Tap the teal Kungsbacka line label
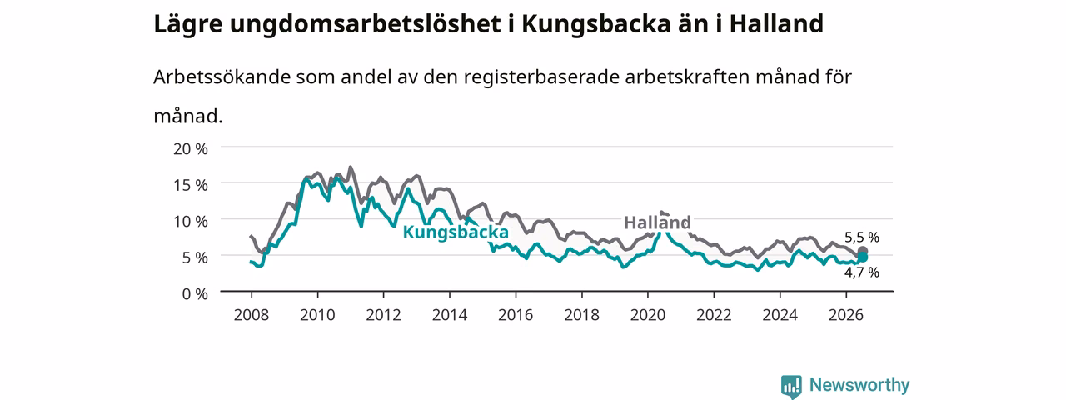click(456, 232)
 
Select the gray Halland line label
click(657, 222)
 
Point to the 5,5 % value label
click(862, 237)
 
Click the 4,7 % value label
click(862, 272)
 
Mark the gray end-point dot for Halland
click(862, 251)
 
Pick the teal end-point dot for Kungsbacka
click(862, 257)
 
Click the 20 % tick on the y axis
click(191, 149)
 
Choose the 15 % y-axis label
click(191, 185)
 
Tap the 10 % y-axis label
click(191, 222)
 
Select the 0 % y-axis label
click(195, 294)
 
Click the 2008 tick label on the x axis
click(252, 315)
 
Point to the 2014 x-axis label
click(449, 315)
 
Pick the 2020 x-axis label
click(648, 315)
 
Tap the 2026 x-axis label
click(846, 315)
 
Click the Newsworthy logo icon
click(791, 386)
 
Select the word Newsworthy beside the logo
click(859, 385)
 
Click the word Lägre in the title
click(188, 25)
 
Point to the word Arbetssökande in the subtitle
click(222, 77)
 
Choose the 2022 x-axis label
click(714, 315)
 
